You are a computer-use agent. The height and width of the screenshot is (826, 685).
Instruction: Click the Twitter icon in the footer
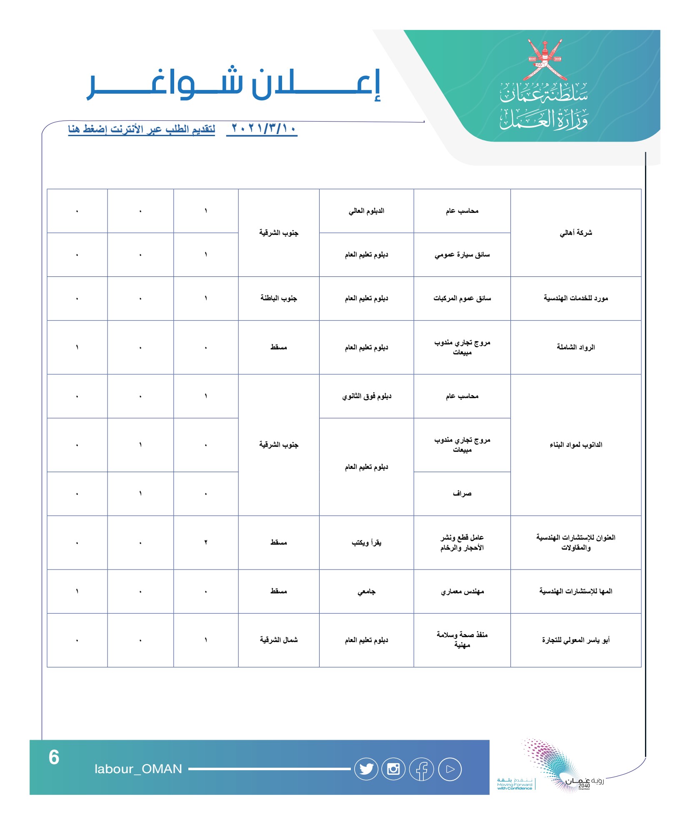tap(366, 769)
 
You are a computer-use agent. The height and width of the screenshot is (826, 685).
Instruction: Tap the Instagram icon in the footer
tap(393, 769)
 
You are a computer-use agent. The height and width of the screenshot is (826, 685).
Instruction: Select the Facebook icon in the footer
tap(421, 769)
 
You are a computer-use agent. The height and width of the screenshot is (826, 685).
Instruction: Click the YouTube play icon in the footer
tap(450, 769)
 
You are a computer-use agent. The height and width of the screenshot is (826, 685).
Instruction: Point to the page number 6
tap(54, 757)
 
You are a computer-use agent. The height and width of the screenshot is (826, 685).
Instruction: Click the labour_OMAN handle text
tap(138, 769)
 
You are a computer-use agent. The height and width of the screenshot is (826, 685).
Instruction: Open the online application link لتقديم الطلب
tap(142, 129)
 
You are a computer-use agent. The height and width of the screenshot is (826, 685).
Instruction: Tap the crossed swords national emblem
tap(545, 60)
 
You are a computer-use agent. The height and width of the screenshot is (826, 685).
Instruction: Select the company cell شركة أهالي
tap(575, 233)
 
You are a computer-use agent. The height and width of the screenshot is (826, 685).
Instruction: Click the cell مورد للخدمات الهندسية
tap(575, 298)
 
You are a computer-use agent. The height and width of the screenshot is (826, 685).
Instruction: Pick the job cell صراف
tap(462, 494)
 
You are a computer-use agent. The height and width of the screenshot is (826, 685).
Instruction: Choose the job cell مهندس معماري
tap(462, 591)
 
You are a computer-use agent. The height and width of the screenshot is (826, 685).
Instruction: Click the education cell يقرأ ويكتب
tap(366, 542)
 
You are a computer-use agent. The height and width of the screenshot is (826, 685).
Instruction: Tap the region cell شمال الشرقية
tap(279, 640)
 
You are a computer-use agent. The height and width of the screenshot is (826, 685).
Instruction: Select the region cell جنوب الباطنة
tap(279, 298)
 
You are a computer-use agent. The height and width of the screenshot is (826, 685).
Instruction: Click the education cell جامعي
tap(366, 591)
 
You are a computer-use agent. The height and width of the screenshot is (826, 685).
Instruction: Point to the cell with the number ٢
tap(206, 542)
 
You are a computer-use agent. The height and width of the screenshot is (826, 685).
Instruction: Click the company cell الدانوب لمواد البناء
tap(575, 445)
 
